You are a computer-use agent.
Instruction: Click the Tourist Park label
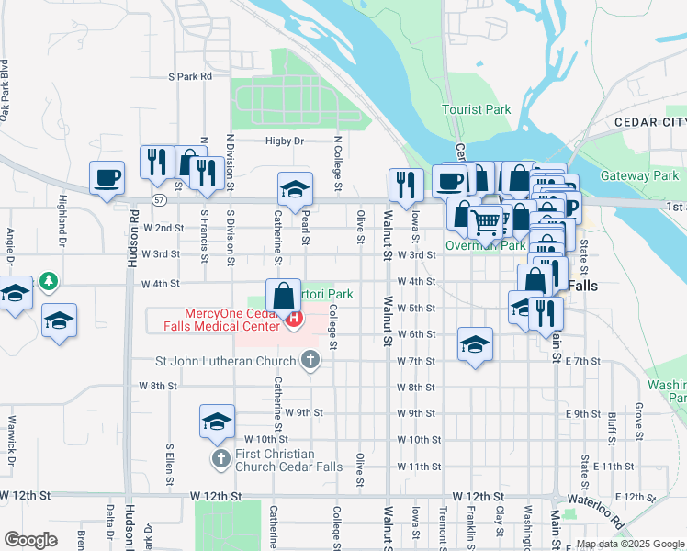(x=476, y=109)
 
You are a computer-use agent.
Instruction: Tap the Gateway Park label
(x=639, y=175)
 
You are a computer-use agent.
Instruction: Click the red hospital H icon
(x=294, y=320)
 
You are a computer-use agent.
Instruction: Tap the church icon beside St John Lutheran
(x=310, y=360)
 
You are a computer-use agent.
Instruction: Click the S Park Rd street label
(x=190, y=76)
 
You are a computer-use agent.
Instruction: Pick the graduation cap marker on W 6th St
(x=474, y=344)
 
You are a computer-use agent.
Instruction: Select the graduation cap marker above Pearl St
(x=295, y=189)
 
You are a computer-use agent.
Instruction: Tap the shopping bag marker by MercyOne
(x=284, y=296)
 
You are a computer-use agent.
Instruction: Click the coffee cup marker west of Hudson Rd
(x=107, y=176)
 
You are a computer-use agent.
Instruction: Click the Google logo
(x=30, y=540)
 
